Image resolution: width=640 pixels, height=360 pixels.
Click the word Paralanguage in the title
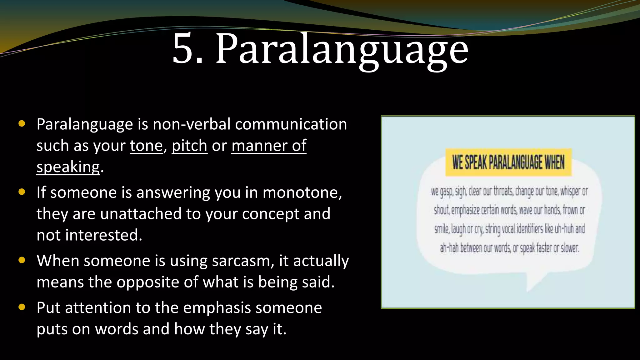pos(342,50)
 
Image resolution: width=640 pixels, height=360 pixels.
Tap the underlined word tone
pos(146,146)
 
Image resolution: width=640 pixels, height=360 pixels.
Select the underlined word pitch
pos(189,146)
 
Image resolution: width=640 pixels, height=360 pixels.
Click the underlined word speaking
pos(68,167)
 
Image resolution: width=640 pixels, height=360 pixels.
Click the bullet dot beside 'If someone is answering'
pos(22,192)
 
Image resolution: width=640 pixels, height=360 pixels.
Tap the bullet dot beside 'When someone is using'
pos(22,260)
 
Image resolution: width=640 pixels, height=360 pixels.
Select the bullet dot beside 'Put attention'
pos(22,307)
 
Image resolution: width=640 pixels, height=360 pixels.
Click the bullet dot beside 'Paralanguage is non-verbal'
pos(22,123)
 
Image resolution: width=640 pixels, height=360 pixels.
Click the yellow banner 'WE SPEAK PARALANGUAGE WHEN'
pos(508,162)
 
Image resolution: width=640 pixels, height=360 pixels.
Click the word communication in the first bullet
pos(291,124)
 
